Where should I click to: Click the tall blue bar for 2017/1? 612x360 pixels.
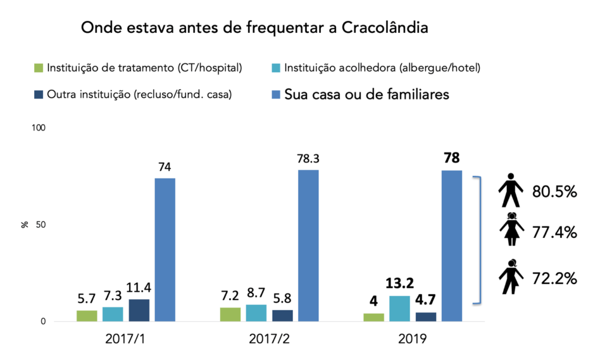165,249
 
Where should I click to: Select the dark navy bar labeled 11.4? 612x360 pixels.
139,310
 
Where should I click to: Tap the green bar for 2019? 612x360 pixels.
374,318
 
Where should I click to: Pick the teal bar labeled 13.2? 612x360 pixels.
400,309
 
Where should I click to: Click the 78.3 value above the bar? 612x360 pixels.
308,158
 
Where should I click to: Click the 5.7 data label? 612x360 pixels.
87,297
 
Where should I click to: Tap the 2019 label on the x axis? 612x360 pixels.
412,338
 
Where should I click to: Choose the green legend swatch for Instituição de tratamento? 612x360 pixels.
39,68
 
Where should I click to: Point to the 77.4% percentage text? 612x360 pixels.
554,232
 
